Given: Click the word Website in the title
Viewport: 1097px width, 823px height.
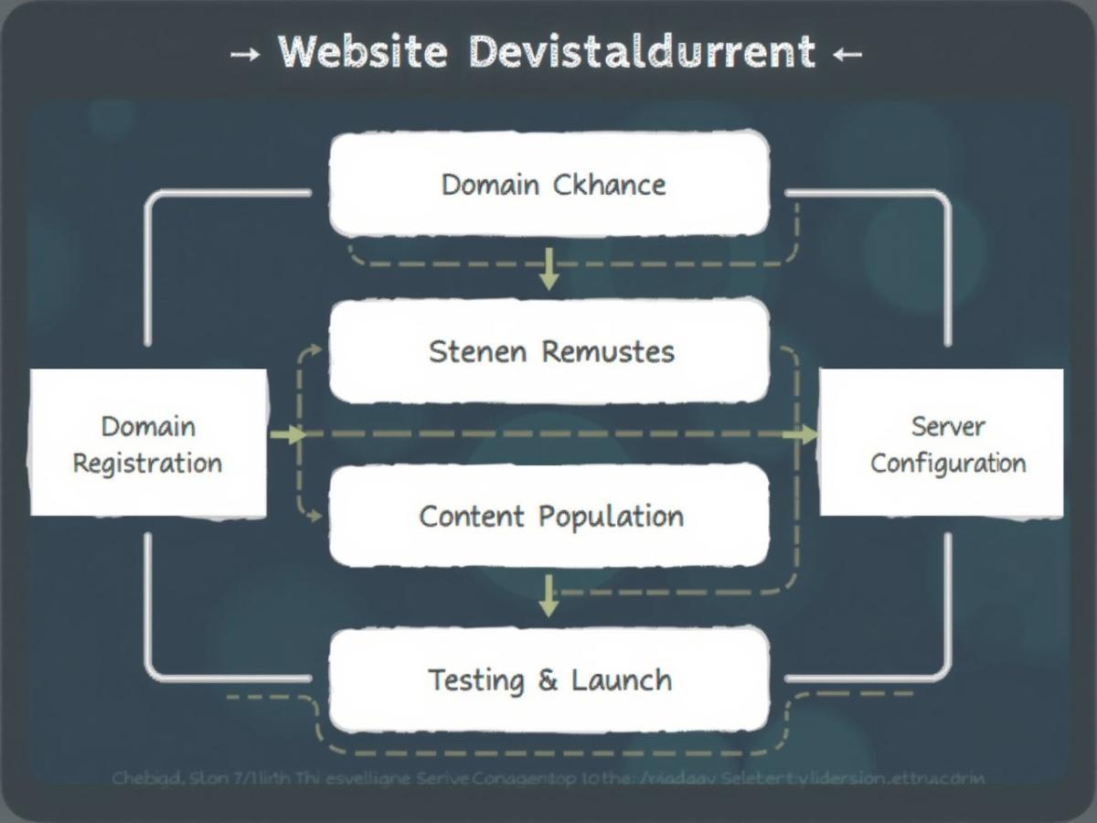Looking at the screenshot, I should tap(363, 51).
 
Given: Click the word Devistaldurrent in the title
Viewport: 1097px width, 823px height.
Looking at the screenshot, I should tap(641, 51).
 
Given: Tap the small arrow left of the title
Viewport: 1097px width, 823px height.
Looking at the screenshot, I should tap(244, 54).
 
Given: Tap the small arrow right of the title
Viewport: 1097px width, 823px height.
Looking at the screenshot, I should tap(847, 54).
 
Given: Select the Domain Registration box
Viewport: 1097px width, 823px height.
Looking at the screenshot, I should tap(148, 444).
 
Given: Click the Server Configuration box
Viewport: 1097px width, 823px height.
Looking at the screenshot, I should tap(942, 444).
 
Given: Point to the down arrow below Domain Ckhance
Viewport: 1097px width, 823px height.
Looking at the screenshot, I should tap(548, 269).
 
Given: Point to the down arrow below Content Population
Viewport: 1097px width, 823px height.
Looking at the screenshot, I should tap(548, 596).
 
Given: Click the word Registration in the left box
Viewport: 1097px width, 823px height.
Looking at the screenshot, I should tap(147, 463).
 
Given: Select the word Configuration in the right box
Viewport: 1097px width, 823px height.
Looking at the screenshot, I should tap(948, 463).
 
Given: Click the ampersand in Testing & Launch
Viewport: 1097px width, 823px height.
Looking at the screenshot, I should tap(548, 680).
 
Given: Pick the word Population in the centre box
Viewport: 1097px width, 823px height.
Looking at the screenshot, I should tap(611, 516).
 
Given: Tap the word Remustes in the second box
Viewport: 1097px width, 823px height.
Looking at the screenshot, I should tap(608, 351).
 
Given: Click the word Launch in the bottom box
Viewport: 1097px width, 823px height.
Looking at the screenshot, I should tap(622, 680).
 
